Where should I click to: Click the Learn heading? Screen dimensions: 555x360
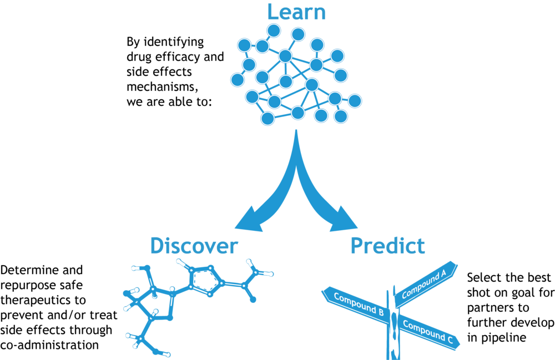click(x=296, y=12)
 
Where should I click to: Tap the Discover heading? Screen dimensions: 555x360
click(x=194, y=246)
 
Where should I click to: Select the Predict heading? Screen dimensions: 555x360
click(x=387, y=246)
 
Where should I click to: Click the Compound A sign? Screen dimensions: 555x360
click(x=424, y=283)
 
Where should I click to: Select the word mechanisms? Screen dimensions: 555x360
click(x=162, y=87)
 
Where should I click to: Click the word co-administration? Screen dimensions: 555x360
click(x=49, y=345)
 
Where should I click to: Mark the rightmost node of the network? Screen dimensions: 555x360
click(x=355, y=101)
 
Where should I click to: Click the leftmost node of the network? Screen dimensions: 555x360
click(x=238, y=80)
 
